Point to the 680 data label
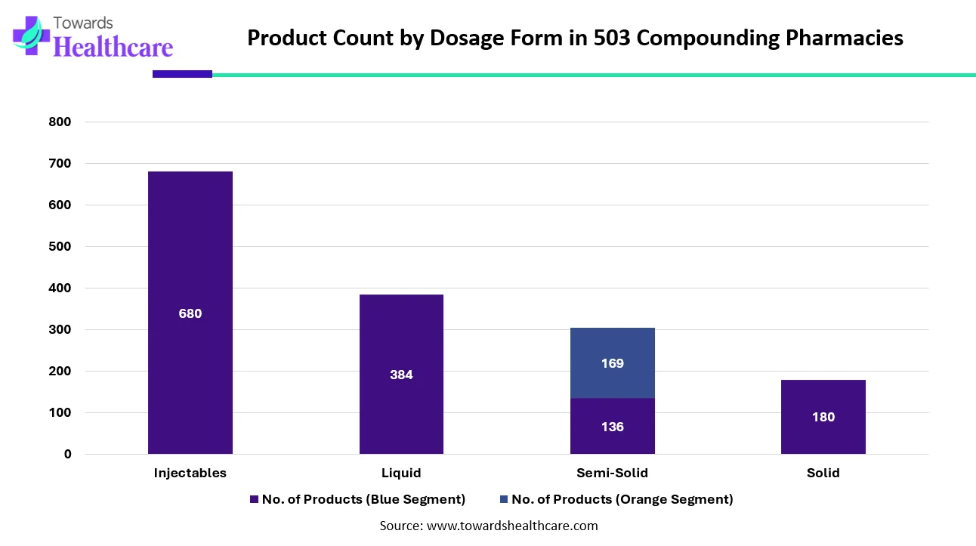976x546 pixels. tap(190, 313)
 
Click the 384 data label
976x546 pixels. tap(401, 375)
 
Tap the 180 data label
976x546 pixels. tap(823, 417)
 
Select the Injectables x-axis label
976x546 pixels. tap(190, 474)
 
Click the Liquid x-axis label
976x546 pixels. tap(401, 474)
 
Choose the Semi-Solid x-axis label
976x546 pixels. tap(612, 474)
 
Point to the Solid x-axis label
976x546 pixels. tap(823, 474)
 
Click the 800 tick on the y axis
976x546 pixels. tap(60, 122)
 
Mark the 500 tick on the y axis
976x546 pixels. tap(60, 247)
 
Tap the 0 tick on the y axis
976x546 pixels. tap(67, 455)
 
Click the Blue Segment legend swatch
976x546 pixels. tap(254, 499)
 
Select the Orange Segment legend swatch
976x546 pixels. tap(503, 499)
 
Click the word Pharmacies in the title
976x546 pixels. tap(844, 38)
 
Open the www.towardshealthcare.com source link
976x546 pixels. tap(512, 526)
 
